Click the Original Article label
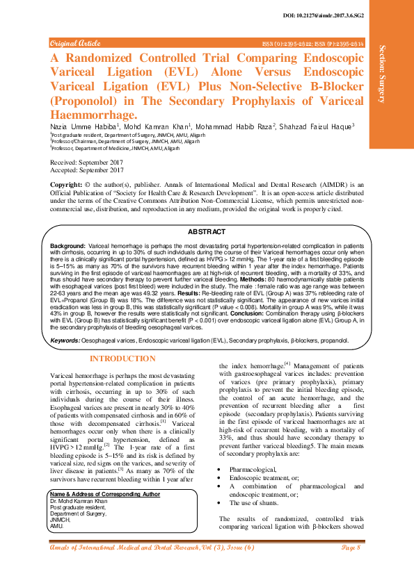tap(76, 43)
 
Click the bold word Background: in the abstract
tap(67, 247)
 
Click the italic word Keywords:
tap(66, 340)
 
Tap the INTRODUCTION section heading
tap(123, 359)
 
